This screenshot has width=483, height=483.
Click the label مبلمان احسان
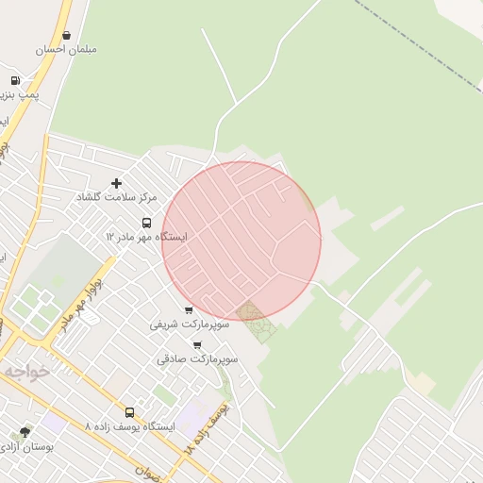pos(66,49)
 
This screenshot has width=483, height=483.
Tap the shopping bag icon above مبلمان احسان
pos(66,35)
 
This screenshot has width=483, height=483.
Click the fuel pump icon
pos(15,81)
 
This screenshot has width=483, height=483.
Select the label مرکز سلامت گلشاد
pos(117,196)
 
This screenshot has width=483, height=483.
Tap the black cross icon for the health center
pos(117,183)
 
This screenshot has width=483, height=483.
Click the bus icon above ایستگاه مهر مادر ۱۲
pos(146,224)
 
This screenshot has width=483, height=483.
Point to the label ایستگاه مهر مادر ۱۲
pos(146,237)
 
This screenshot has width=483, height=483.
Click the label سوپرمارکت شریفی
pos(188,324)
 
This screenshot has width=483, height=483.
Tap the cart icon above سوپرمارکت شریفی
pos(189,309)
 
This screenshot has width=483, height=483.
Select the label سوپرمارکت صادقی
pos(198,359)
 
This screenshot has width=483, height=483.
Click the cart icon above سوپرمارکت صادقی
pos(197,345)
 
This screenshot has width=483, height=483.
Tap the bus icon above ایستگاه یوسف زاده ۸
pos(129,412)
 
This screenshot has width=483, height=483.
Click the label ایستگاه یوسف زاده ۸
pos(129,426)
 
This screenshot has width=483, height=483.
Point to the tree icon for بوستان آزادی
pos(25,432)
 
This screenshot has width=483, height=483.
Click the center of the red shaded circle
pos(241,241)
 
